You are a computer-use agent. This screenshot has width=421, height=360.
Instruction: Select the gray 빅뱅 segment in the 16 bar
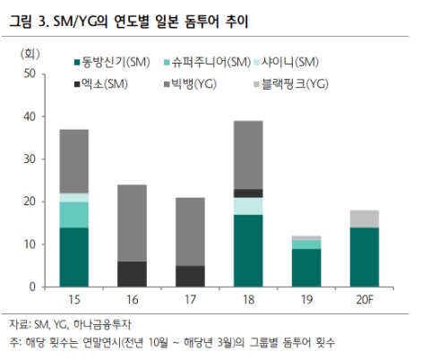coord(133,223)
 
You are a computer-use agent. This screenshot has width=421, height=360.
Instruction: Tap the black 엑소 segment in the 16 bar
coord(133,274)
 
